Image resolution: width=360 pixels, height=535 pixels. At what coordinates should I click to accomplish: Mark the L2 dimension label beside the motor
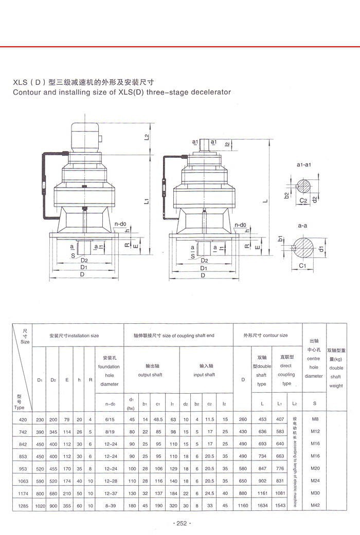pos(147,137)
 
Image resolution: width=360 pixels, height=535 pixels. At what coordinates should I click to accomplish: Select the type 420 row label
pos(21,419)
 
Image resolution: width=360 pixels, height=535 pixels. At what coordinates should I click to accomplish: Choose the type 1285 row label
pos(21,506)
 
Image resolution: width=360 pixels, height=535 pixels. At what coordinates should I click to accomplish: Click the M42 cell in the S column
pos(315,506)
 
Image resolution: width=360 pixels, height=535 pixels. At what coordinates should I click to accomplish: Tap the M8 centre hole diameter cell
pos(315,419)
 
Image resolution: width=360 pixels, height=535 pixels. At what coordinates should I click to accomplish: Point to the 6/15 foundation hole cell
pos(110,419)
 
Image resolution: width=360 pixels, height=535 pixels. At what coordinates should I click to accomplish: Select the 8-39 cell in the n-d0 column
pos(110,506)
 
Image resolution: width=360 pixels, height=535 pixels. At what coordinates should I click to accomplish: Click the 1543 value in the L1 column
pos(280,506)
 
